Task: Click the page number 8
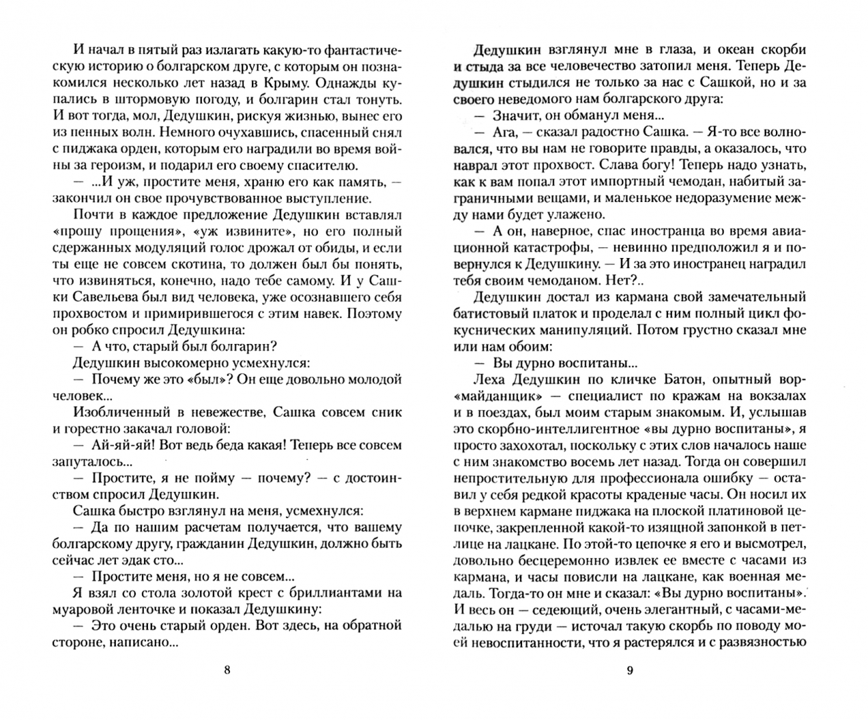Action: pos(227,671)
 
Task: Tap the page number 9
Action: pos(630,671)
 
